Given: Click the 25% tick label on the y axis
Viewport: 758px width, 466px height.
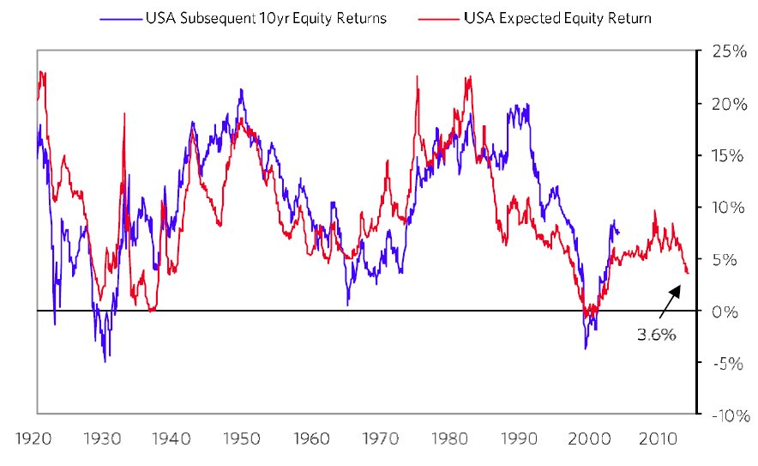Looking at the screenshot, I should pyautogui.click(x=725, y=51).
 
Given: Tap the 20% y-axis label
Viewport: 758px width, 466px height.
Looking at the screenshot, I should pyautogui.click(x=725, y=104).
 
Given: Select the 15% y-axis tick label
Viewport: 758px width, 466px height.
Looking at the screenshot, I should pyautogui.click(x=725, y=155).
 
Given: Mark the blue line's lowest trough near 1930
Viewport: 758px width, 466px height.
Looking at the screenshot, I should pyautogui.click(x=105, y=361).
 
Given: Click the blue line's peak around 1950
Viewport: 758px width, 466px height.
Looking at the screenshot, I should pyautogui.click(x=241, y=89).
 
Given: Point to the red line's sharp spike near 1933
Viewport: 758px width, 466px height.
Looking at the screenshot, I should pyautogui.click(x=124, y=113).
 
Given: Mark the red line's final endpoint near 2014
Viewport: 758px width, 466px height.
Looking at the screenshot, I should pyautogui.click(x=688, y=273).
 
